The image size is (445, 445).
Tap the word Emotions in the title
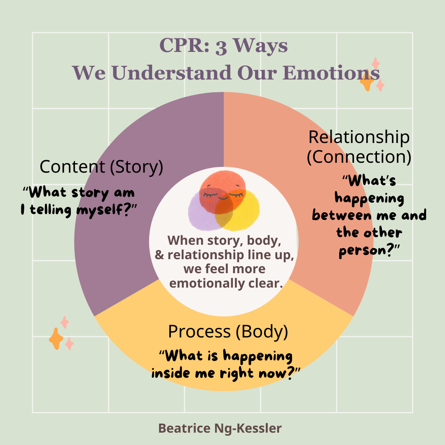click(331, 73)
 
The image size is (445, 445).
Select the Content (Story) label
click(101, 167)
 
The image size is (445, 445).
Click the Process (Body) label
click(228, 332)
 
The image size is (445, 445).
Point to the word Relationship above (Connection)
click(359, 138)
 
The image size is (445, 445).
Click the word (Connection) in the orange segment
click(359, 157)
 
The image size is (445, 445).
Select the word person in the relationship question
click(362, 251)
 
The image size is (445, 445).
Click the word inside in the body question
click(171, 372)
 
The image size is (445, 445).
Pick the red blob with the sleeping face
click(222, 192)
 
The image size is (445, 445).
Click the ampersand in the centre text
click(159, 255)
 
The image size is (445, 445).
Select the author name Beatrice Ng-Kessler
click(220, 428)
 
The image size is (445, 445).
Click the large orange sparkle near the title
click(367, 81)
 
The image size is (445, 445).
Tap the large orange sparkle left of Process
click(56, 339)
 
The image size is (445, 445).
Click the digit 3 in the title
click(221, 47)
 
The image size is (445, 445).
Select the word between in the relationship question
click(342, 215)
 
